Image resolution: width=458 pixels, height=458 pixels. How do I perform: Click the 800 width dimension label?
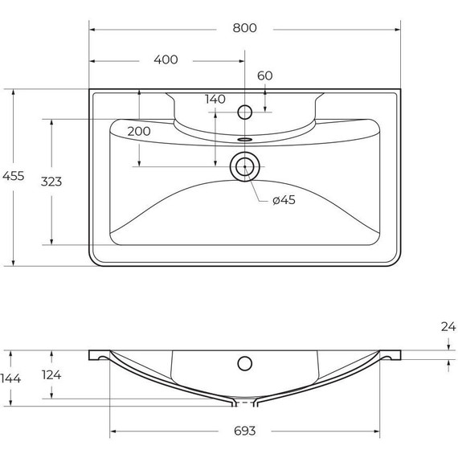[244, 28]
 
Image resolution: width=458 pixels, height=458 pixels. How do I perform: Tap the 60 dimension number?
[265, 76]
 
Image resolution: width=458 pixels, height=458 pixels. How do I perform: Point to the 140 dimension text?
[215, 100]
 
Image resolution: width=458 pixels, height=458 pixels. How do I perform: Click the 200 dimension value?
[139, 131]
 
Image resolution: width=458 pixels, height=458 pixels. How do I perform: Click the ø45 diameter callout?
[284, 200]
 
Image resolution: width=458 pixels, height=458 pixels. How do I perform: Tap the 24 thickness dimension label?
[448, 326]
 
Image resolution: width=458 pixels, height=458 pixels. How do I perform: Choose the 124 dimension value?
[51, 375]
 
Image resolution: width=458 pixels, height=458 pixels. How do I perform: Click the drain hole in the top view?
[244, 167]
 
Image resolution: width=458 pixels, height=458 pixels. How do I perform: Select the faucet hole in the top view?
[245, 111]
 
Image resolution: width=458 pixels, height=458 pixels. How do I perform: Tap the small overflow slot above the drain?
[244, 138]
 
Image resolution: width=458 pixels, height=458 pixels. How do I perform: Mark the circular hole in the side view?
[244, 363]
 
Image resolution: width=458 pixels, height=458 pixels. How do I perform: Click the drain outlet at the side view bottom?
[244, 402]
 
